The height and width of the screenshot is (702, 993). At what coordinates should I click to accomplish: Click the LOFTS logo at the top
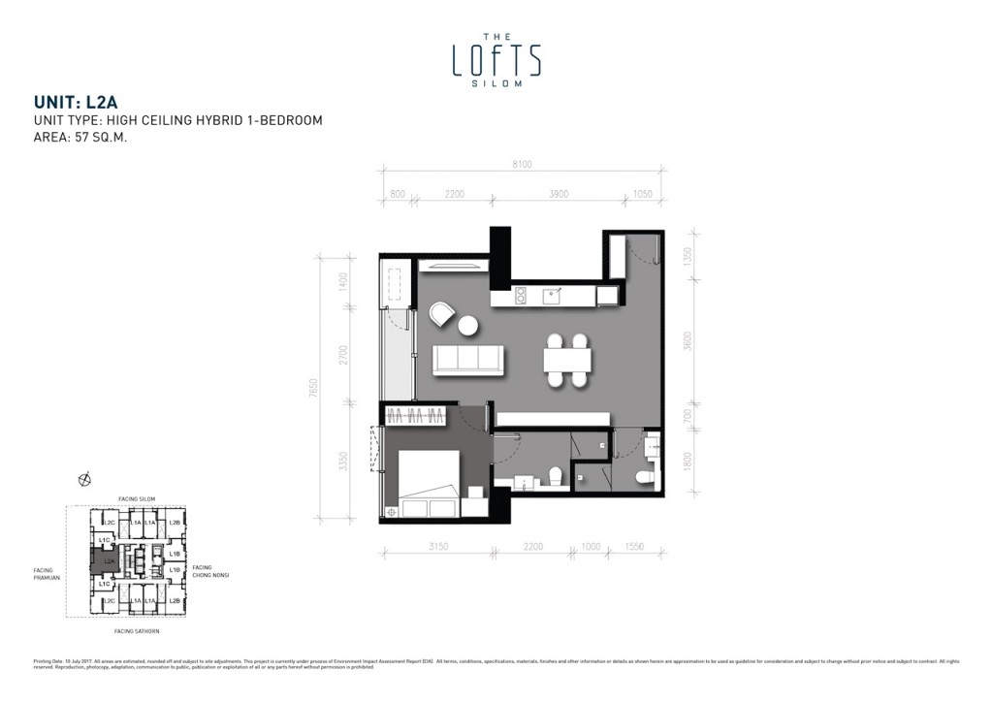pos(496,59)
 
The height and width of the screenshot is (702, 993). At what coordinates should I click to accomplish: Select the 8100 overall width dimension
pos(522,164)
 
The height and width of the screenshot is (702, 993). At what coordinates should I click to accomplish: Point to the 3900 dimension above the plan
pos(559,194)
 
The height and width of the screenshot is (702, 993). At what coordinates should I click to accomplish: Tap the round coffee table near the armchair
pos(468,326)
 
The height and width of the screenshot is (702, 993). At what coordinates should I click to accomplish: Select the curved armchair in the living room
pos(441,314)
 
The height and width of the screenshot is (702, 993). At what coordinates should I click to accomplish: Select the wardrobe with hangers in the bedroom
pos(416,416)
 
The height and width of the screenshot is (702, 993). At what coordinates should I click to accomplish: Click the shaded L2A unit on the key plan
pos(109,560)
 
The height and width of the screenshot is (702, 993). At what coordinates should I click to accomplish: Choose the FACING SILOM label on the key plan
pos(136,498)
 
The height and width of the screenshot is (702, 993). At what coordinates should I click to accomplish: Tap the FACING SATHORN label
pos(137,631)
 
